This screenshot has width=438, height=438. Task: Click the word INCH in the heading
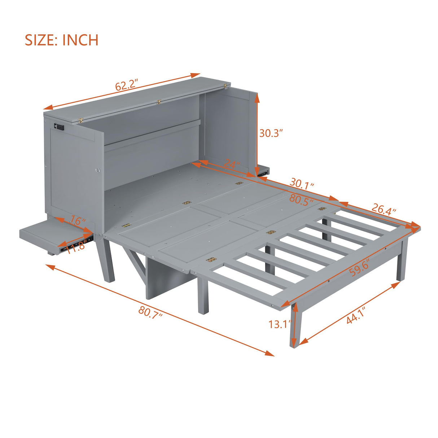pyautogui.click(x=80, y=40)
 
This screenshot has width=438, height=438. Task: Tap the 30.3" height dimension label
pyautogui.click(x=271, y=133)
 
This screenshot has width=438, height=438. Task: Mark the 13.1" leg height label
pyautogui.click(x=280, y=324)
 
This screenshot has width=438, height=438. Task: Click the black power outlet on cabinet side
pyautogui.click(x=59, y=127)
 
